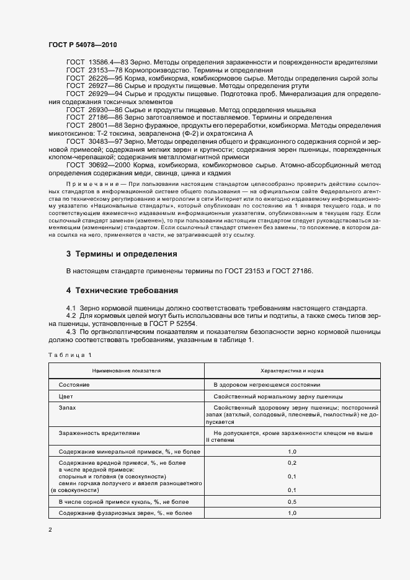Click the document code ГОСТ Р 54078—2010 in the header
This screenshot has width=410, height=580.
(x=82, y=45)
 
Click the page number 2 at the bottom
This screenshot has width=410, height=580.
(x=50, y=530)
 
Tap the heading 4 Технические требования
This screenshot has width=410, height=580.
(x=122, y=290)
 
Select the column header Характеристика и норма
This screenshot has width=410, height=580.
(x=292, y=371)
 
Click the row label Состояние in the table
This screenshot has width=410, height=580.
(x=74, y=385)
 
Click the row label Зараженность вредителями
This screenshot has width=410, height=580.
(x=99, y=433)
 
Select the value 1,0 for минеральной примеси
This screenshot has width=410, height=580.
(x=292, y=452)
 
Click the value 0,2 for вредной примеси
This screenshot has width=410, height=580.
(x=292, y=463)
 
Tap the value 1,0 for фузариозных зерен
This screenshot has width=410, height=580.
(x=292, y=513)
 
